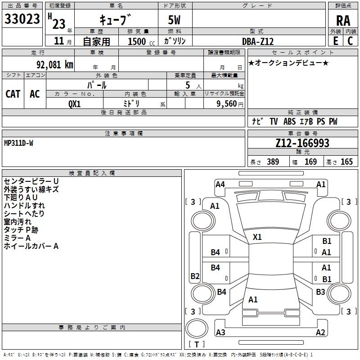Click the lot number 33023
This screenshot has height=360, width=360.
click(23, 19)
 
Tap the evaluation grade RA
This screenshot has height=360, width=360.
click(343, 20)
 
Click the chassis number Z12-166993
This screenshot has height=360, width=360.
click(302, 143)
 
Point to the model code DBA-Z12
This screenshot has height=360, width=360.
click(258, 41)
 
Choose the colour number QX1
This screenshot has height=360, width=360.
click(74, 103)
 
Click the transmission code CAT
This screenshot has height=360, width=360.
click(13, 94)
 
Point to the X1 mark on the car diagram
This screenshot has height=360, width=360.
click(257, 237)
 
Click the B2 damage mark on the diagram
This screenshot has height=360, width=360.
click(195, 276)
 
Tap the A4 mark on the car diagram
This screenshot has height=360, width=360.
click(220, 184)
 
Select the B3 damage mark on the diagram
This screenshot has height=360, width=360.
click(320, 292)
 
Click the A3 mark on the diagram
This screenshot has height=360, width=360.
click(220, 333)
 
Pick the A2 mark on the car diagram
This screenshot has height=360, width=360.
click(320, 333)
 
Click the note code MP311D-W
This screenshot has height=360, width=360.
click(18, 143)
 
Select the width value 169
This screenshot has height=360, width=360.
click(311, 162)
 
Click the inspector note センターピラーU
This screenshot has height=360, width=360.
click(31, 181)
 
